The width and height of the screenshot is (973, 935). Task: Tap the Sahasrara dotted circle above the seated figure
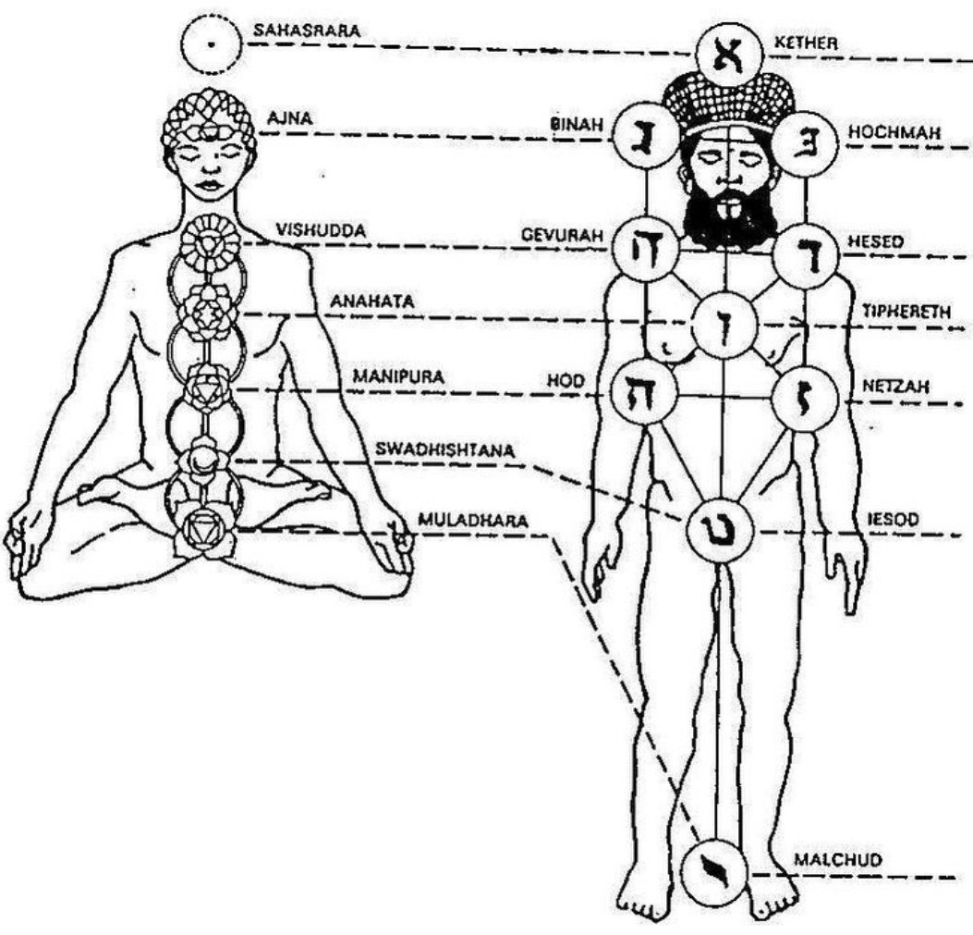click(x=212, y=44)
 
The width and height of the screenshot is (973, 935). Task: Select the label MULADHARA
click(x=473, y=519)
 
